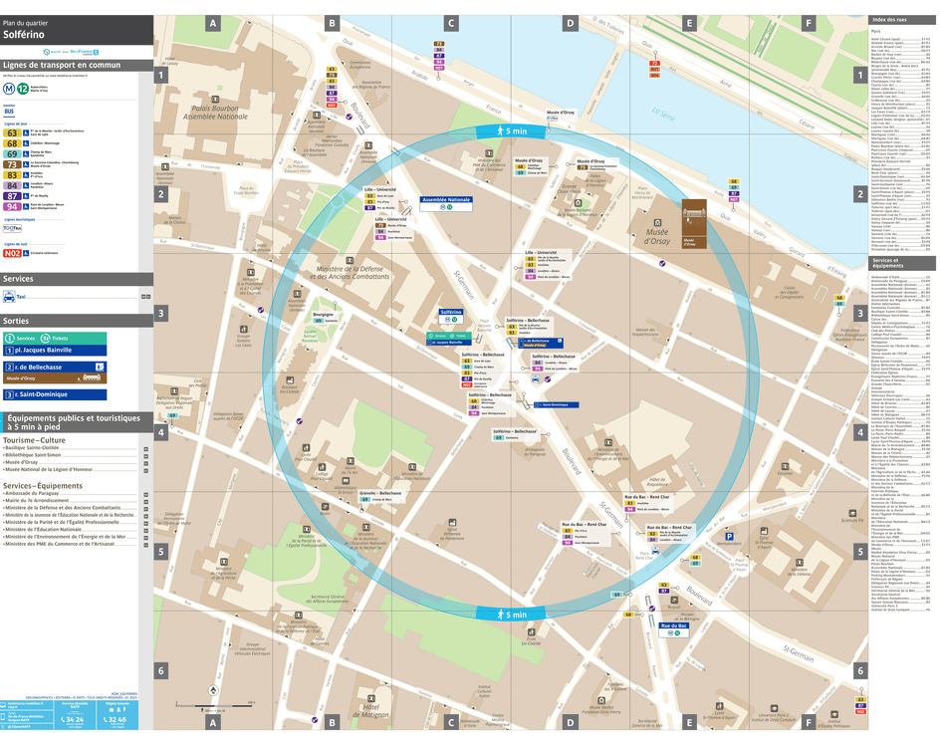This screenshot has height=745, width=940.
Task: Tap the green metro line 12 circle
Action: click(21, 88)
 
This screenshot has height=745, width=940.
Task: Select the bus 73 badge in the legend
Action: click(12, 163)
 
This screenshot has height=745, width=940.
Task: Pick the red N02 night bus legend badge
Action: click(12, 253)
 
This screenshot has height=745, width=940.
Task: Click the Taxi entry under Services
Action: click(22, 296)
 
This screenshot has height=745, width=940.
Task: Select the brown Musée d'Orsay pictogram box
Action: click(694, 223)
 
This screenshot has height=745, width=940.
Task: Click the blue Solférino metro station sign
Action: click(450, 312)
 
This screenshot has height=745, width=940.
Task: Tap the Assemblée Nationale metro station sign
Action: click(446, 200)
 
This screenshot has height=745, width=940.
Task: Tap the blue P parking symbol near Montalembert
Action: click(728, 536)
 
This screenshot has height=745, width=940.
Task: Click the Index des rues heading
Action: click(888, 20)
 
